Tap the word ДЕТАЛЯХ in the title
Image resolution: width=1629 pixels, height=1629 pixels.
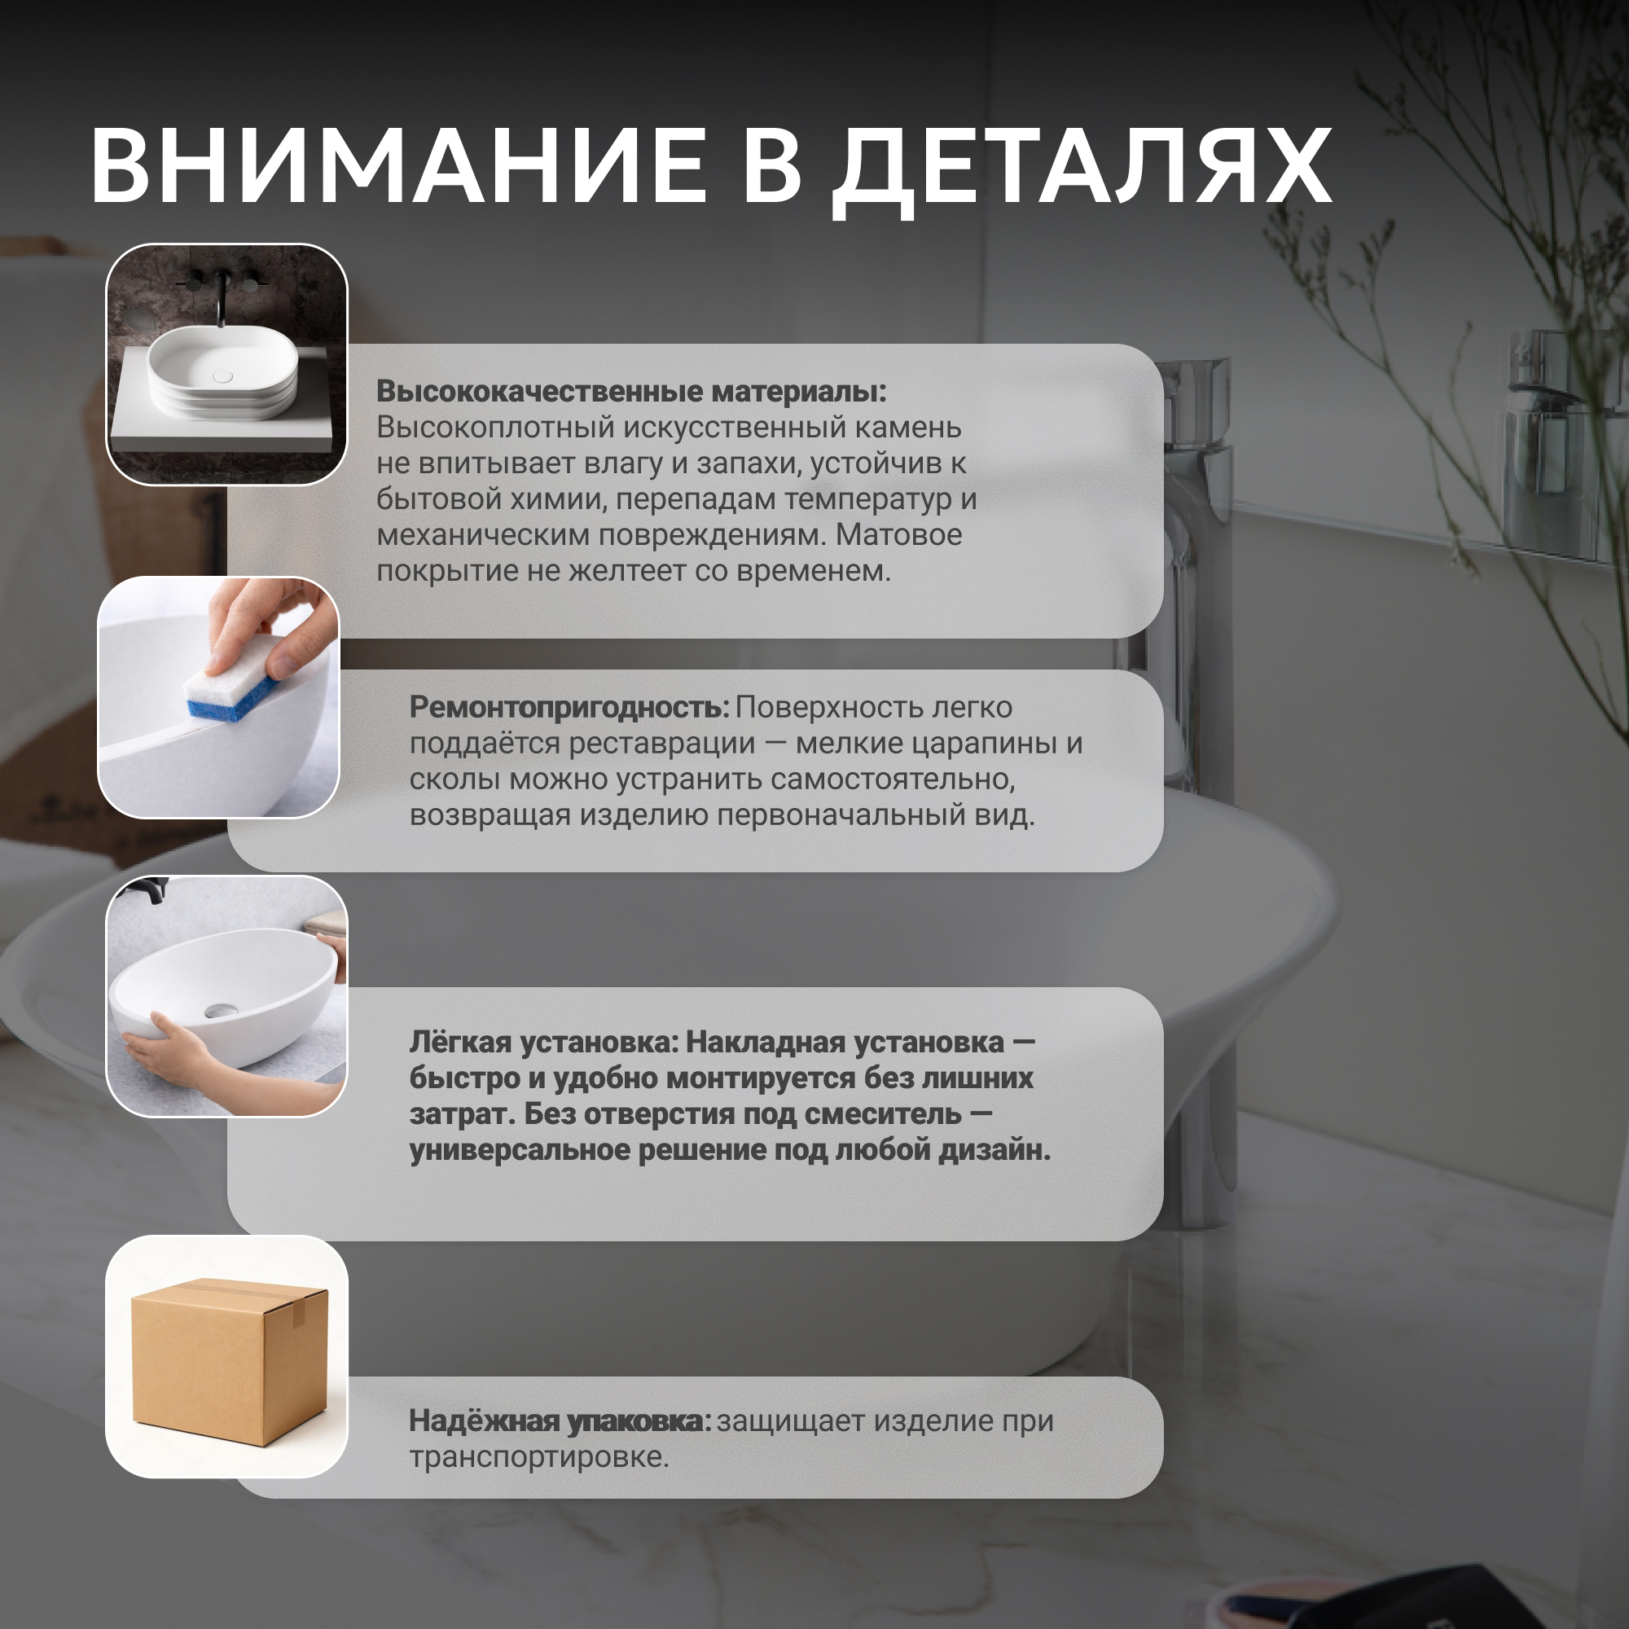[1082, 172]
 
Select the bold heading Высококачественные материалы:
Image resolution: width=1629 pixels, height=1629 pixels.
[631, 391]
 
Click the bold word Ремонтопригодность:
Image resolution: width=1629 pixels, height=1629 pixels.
[569, 708]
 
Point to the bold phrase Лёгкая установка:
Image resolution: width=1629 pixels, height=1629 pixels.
[544, 1043]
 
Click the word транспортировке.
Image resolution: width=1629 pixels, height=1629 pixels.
[538, 1458]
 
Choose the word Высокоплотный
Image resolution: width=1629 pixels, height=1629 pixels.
[495, 428]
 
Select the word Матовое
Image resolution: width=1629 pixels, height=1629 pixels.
[899, 534]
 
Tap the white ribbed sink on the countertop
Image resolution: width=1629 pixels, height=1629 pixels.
[222, 375]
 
